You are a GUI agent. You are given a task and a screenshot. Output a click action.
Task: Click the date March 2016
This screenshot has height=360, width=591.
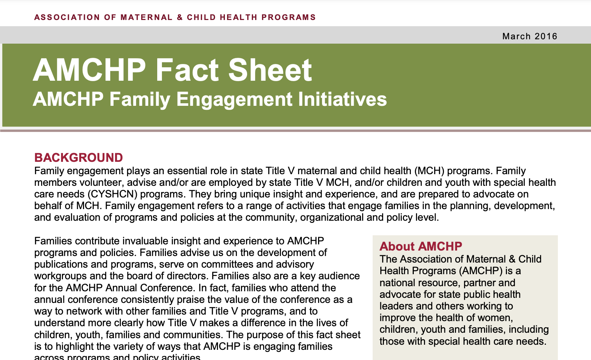529,36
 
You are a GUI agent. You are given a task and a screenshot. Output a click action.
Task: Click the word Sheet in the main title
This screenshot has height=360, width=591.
270,70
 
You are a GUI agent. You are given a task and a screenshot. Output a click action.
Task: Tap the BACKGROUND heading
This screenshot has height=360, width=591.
78,157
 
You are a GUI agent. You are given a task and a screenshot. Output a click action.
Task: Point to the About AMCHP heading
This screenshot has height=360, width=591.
420,246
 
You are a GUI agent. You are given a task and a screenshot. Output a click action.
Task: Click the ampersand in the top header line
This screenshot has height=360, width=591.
180,17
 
